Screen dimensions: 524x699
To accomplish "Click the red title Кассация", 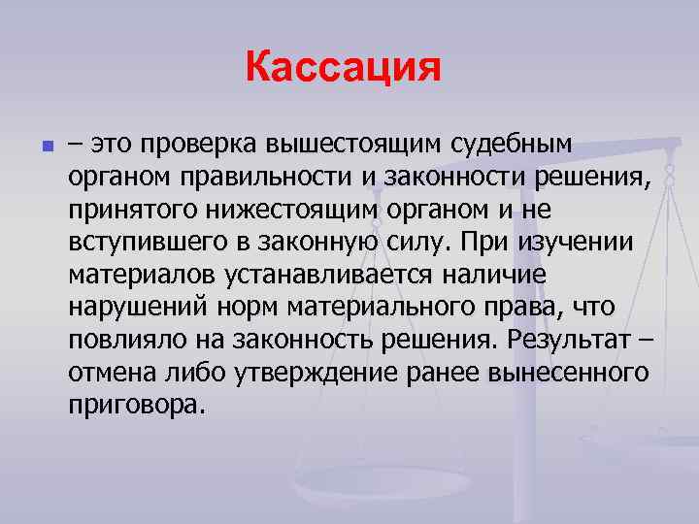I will click(344, 68).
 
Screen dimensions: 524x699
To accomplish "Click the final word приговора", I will click(137, 406).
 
